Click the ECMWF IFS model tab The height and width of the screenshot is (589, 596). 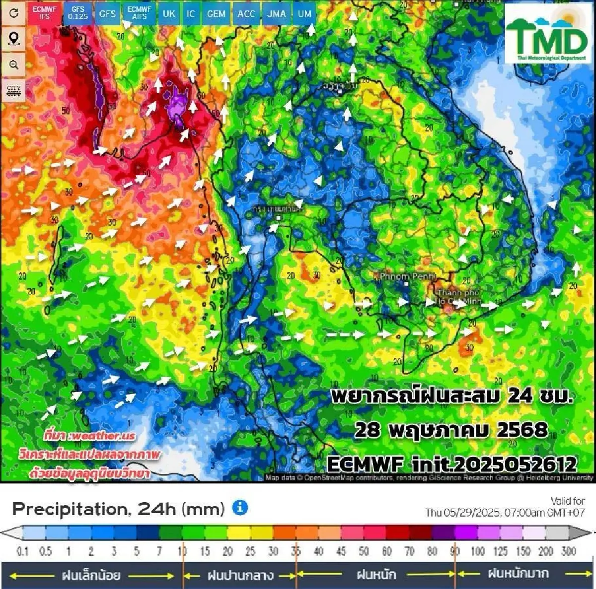(45, 13)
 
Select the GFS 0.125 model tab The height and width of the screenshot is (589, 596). (78, 13)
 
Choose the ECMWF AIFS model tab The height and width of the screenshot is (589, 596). (139, 13)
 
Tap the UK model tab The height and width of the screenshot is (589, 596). (169, 13)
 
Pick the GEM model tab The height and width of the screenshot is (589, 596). (216, 13)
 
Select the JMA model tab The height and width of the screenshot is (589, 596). (276, 13)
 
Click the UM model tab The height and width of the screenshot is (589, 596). (304, 13)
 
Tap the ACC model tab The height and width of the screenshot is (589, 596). (246, 13)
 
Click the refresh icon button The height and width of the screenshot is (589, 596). (14, 13)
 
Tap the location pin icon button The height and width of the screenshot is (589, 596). (14, 39)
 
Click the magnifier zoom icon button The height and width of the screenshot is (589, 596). (14, 65)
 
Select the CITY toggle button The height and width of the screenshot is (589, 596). (14, 91)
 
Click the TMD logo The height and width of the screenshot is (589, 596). (549, 34)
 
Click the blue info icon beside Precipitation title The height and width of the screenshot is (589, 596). (240, 508)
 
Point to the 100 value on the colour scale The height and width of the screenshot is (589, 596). (477, 551)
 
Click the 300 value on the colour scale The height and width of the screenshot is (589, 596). (568, 551)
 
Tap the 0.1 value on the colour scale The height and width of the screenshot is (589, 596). (23, 551)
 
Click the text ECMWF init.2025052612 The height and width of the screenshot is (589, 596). (452, 464)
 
